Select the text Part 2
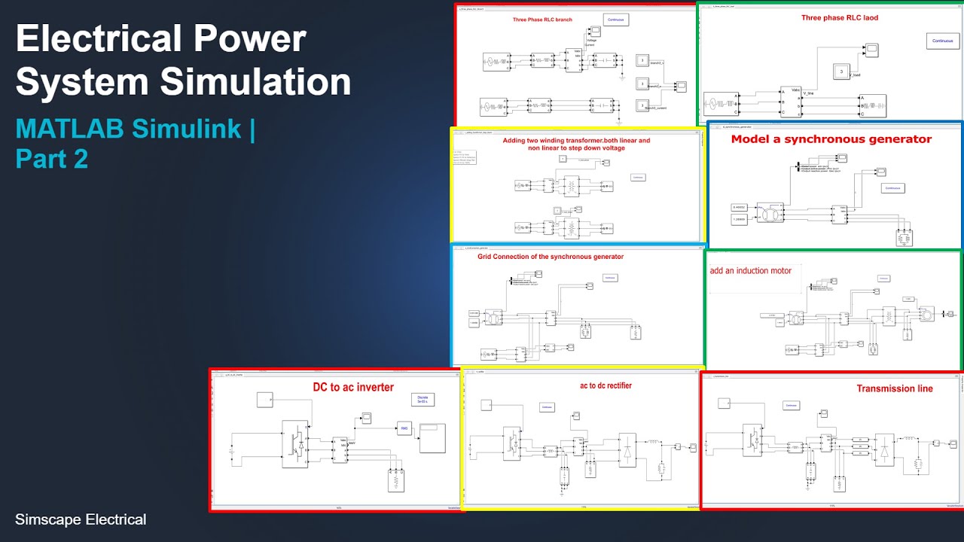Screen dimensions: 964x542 (51, 159)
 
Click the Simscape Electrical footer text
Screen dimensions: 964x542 (81, 519)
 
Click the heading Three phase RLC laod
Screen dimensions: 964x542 (840, 17)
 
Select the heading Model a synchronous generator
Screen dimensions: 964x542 (831, 139)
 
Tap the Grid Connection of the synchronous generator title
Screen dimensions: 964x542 (551, 257)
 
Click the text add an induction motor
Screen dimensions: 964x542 (750, 270)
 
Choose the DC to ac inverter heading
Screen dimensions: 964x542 (353, 388)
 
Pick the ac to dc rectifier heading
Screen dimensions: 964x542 (606, 385)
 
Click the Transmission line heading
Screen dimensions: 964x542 (895, 388)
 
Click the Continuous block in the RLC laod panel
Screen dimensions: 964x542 (942, 41)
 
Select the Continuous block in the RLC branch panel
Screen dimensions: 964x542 (616, 20)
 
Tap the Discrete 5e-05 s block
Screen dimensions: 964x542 (423, 400)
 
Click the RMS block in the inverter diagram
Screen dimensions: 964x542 (401, 430)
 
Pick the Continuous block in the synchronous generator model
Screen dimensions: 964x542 (892, 187)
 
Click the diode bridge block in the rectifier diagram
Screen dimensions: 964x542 (627, 449)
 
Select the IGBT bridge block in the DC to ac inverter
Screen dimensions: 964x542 (297, 440)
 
